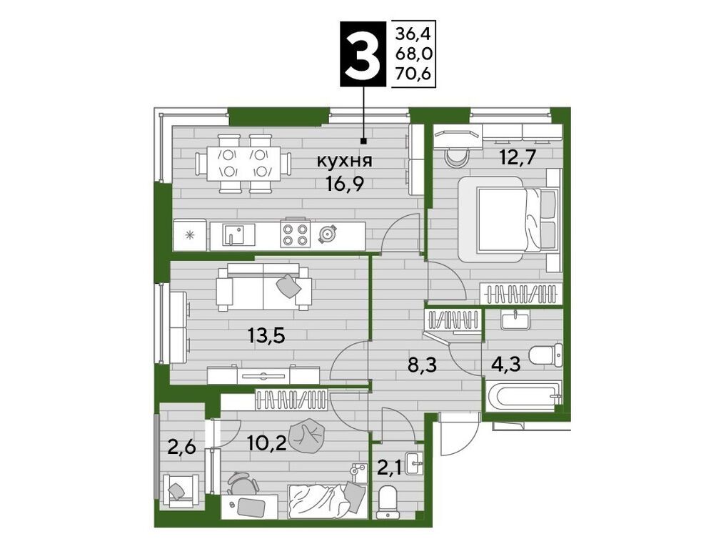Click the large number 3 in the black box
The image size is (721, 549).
tap(363, 54)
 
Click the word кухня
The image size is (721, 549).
tap(345, 162)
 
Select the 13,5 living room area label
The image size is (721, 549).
tap(266, 336)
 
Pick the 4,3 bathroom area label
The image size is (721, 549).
tap(505, 365)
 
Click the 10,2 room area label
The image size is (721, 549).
tap(267, 443)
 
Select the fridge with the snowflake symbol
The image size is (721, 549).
tap(190, 235)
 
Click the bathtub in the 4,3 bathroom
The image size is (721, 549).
tap(524, 396)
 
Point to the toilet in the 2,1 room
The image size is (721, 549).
tap(389, 503)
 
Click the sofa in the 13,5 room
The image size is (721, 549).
tap(263, 287)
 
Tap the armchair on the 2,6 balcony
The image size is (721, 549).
tap(183, 491)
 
